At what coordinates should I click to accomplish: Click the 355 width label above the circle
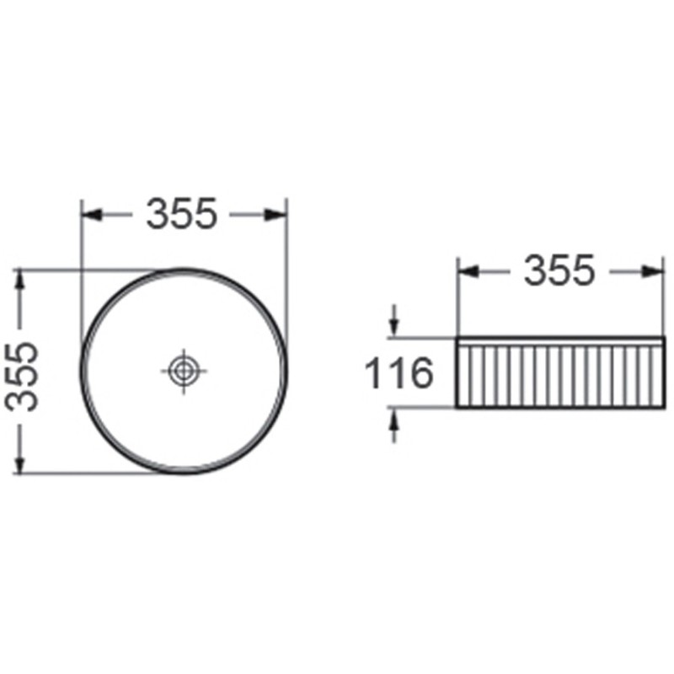183,215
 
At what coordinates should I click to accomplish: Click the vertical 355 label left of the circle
29,375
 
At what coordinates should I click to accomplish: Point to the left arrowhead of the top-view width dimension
92,215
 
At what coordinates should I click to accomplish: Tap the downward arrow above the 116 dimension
393,325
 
